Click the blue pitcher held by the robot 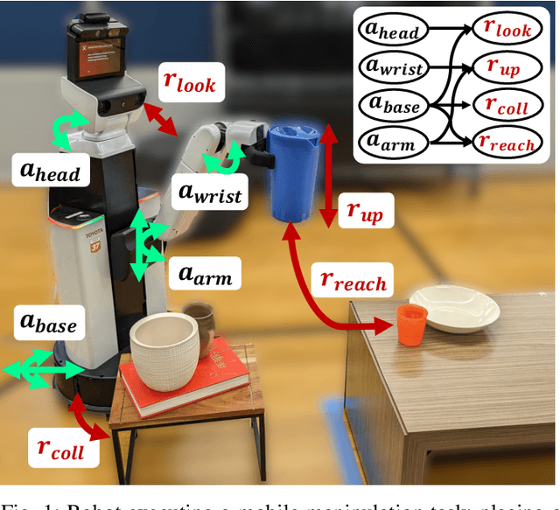[x=292, y=171]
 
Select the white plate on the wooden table [x=455, y=308]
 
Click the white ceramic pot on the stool [x=164, y=351]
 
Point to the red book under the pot [x=184, y=385]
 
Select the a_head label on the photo [x=50, y=170]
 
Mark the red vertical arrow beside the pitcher [x=326, y=174]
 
